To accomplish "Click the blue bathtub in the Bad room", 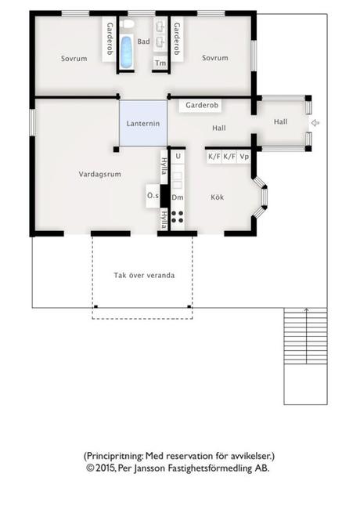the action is pos(126,51).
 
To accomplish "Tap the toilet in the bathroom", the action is pos(128,23).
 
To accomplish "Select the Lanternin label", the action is pos(143,124).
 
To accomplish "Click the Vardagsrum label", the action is pos(100,174).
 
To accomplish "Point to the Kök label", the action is pos(218,197).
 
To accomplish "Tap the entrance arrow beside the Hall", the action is pos(315,123).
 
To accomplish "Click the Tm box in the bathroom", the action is pos(160,63).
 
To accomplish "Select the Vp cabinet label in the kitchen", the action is pos(244,157).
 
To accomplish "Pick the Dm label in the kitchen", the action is pos(178,197).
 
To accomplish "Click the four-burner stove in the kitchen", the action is pos(177,217).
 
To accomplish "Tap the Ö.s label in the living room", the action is pos(153,196).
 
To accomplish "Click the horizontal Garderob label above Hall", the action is pos(202,105).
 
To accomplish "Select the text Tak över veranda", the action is pos(144,276).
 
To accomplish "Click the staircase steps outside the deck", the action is pos(305,336).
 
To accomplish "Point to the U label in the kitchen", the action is pos(178,157).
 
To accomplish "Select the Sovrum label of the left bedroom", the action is pos(74,59).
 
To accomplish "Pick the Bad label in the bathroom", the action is pos(143,42).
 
